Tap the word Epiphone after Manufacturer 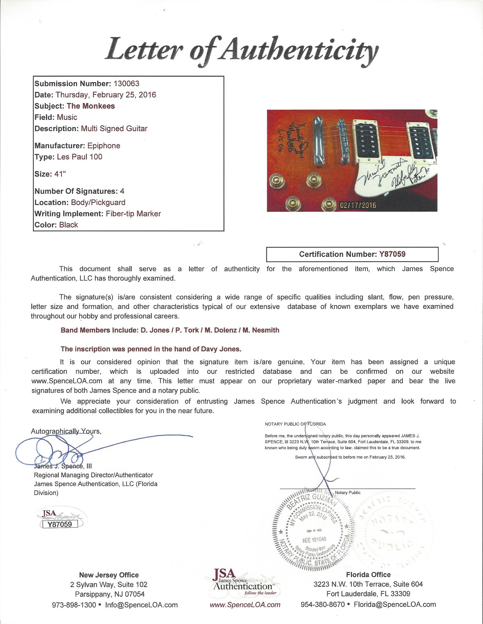click(x=104, y=146)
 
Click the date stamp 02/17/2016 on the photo click(x=358, y=205)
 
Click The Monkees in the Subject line click(x=91, y=106)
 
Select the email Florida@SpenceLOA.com click(x=395, y=605)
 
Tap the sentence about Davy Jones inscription click(x=151, y=349)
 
